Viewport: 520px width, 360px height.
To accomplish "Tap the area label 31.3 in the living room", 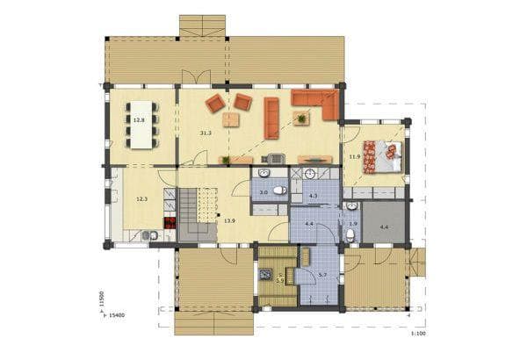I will [206, 133].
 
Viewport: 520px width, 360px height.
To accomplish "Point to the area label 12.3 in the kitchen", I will [141, 200].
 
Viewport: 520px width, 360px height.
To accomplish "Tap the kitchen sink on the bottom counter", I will [148, 234].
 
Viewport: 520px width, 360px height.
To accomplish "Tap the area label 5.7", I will [323, 277].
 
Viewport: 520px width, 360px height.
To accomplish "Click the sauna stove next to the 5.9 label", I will [266, 274].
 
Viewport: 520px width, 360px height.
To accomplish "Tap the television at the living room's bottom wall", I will [273, 160].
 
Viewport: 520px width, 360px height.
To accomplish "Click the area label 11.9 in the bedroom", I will [355, 157].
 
